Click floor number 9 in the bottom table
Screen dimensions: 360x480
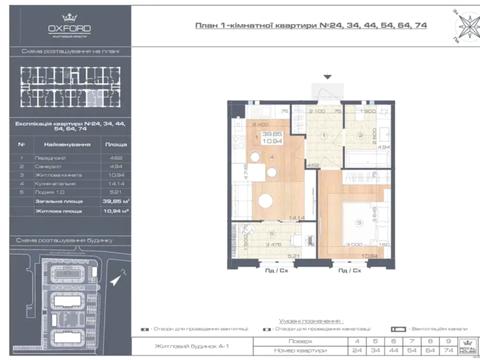click(x=445, y=341)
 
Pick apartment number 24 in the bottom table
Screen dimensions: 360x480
click(x=355, y=352)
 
